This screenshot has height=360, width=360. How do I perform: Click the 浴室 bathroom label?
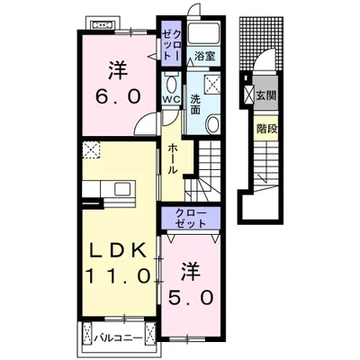[205, 56]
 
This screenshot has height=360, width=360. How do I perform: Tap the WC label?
[171, 99]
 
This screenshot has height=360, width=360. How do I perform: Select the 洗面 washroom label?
[195, 104]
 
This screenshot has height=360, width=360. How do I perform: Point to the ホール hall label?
[173, 158]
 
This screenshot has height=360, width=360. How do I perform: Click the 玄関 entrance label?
[265, 95]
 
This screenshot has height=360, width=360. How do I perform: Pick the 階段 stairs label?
[266, 129]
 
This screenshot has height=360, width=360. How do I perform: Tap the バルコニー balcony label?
[118, 338]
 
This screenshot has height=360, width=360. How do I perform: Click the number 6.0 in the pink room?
[118, 97]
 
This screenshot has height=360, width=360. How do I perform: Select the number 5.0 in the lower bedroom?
[191, 298]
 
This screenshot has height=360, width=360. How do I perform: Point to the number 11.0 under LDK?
[118, 275]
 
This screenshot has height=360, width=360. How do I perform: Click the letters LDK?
[120, 250]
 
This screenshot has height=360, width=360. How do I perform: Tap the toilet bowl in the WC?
[171, 84]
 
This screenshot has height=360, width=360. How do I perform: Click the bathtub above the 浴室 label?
[203, 33]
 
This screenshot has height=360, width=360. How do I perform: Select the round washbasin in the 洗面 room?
[212, 123]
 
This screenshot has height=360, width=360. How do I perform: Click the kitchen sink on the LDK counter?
[122, 189]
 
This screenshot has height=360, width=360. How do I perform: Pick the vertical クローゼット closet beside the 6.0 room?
[171, 43]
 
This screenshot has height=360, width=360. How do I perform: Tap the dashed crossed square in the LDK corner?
[92, 149]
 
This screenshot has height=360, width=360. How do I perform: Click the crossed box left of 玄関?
[248, 94]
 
